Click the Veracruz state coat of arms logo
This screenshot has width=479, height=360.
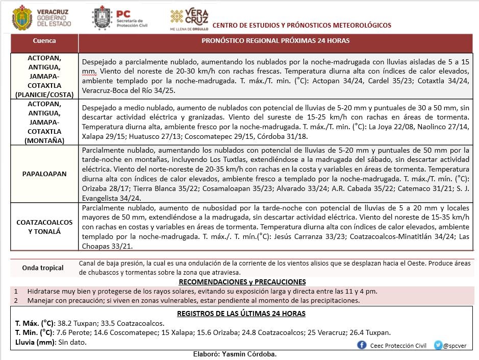21,17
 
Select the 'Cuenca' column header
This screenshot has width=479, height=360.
44,41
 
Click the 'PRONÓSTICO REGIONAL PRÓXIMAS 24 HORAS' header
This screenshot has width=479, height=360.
275,41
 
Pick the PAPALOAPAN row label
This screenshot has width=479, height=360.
44,174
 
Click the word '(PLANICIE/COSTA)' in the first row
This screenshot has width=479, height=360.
44,94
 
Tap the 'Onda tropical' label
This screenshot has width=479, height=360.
43,268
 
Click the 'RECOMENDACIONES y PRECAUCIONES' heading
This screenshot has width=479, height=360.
242,282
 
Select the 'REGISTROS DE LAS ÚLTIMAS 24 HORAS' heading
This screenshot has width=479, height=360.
241,314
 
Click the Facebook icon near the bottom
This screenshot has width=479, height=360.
362,345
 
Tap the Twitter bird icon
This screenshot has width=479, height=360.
438,345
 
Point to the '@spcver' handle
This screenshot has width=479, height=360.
453,346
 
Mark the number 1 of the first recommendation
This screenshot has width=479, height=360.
16,291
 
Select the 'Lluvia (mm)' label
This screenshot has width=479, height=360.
35,342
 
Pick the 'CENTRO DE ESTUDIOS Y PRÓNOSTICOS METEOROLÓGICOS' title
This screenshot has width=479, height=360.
301,25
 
